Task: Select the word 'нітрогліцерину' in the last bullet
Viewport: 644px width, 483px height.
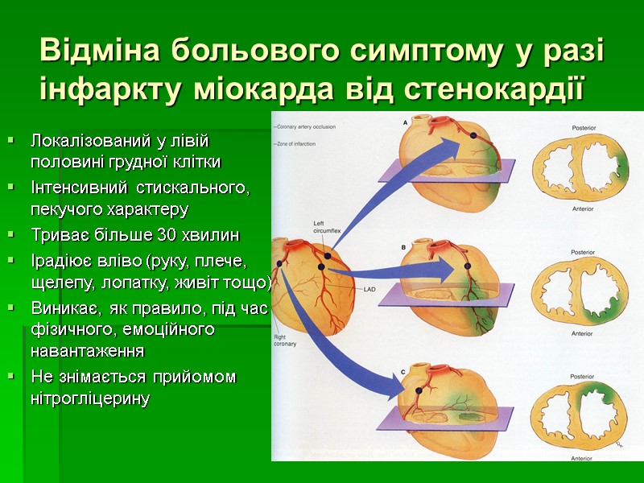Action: pyautogui.click(x=89, y=398)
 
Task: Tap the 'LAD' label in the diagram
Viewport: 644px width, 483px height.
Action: pyautogui.click(x=370, y=289)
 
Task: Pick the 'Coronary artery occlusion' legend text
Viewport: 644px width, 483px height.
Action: pyautogui.click(x=307, y=127)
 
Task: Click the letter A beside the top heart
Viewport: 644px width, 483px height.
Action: pyautogui.click(x=404, y=122)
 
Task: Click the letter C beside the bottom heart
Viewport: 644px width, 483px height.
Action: pyautogui.click(x=403, y=371)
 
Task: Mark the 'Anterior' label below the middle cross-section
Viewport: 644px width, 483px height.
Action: pyautogui.click(x=582, y=332)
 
